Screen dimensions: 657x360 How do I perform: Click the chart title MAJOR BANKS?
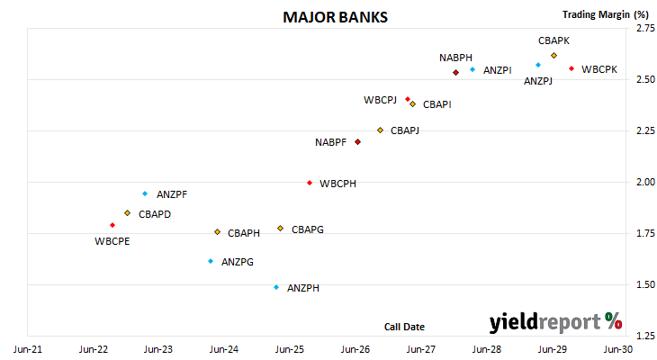pos(335,17)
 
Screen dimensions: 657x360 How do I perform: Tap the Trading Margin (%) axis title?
pos(606,14)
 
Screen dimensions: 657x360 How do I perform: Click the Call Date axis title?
pos(404,327)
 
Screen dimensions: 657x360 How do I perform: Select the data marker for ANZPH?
pos(276,287)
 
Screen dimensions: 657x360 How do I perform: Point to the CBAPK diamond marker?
pos(553,55)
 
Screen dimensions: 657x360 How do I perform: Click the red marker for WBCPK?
pos(571,68)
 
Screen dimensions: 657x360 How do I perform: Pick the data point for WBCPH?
pos(310,183)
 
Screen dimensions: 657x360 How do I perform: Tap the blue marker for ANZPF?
pos(145,193)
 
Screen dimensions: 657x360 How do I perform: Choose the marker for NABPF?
pos(358,142)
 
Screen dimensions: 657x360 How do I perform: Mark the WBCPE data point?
pos(112,225)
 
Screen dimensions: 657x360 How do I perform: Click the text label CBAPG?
pos(308,229)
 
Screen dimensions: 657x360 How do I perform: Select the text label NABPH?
pos(455,58)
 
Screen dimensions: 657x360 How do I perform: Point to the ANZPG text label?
pos(238,262)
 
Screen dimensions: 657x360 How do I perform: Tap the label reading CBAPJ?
pos(405,130)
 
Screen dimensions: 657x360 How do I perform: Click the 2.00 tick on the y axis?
pos(645,182)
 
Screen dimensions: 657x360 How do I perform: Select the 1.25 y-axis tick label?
pos(645,336)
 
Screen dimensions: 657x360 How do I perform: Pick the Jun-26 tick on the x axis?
pos(355,349)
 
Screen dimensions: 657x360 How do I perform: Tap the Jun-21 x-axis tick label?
pos(28,349)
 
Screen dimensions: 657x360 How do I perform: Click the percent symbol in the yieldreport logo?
pos(614,321)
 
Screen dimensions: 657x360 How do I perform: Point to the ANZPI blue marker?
pos(472,69)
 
